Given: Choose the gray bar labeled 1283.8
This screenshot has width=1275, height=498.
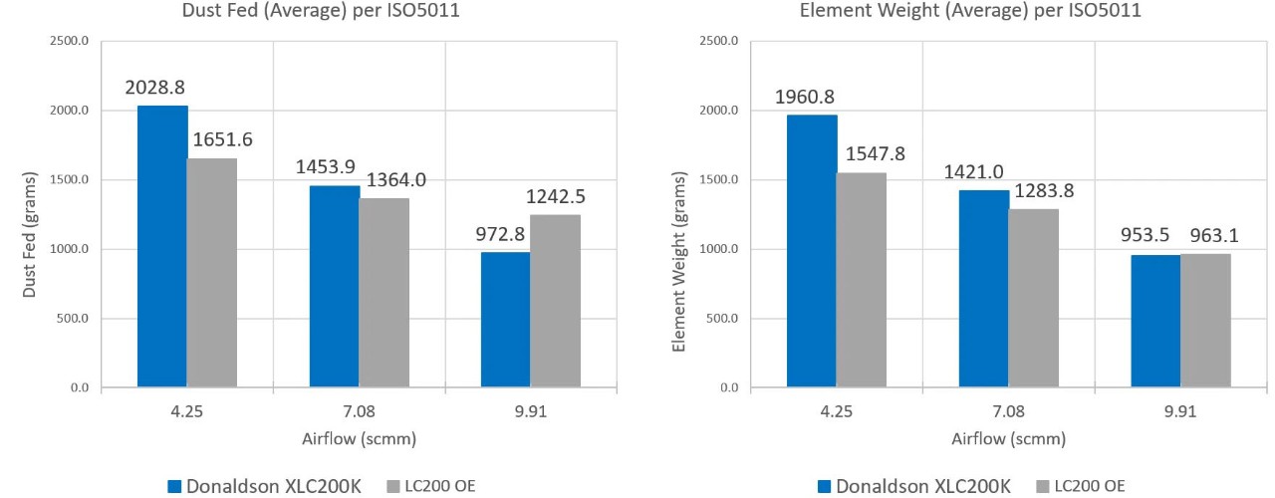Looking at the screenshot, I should pyautogui.click(x=1033, y=298).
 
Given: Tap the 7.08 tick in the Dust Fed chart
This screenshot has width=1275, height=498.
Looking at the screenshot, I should pyautogui.click(x=359, y=411).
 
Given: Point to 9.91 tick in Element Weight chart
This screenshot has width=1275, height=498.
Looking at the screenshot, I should pyautogui.click(x=1180, y=411).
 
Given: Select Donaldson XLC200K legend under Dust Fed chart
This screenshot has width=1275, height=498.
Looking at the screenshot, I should pyautogui.click(x=264, y=486).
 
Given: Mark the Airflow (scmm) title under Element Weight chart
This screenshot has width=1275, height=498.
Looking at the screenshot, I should pyautogui.click(x=1008, y=438).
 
